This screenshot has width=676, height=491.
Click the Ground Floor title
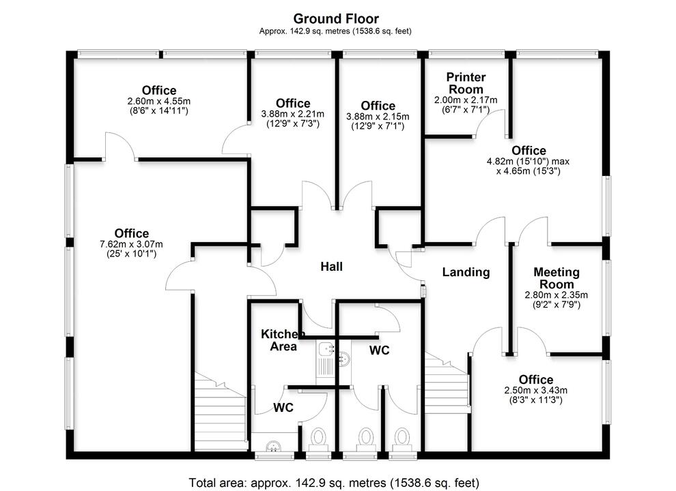335,18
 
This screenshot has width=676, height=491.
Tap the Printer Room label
466,83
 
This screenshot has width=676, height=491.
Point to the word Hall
332,267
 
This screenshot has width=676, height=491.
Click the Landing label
466,272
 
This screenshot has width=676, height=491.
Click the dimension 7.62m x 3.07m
132,244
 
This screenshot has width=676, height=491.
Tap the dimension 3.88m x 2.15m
378,117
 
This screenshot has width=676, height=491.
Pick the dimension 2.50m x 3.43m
536,390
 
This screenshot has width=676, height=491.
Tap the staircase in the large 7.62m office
220,413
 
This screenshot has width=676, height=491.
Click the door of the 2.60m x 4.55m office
119,146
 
